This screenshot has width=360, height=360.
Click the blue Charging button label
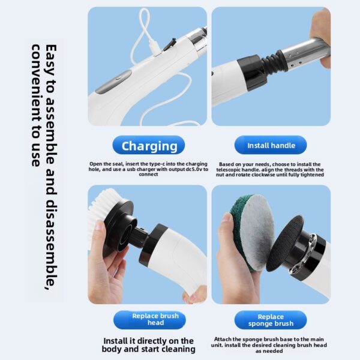(149, 146)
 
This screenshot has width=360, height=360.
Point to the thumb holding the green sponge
(228, 225)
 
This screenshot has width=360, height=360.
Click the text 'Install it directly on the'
(149, 340)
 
